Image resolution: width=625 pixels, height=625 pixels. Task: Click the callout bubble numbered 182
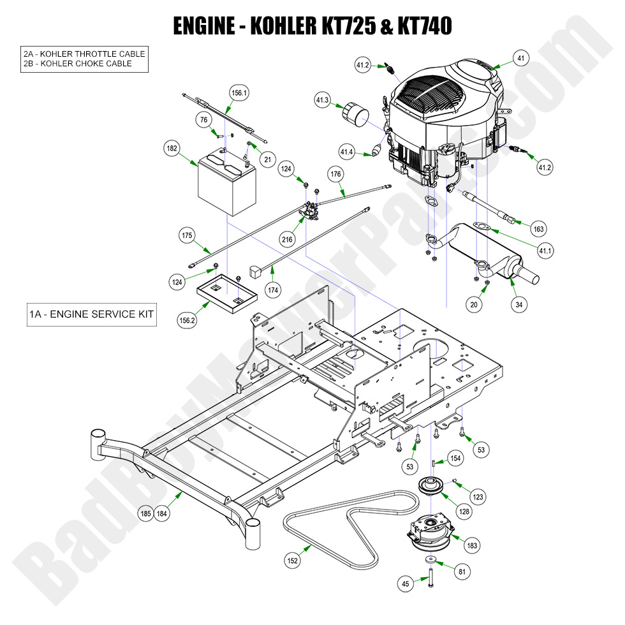click(172, 149)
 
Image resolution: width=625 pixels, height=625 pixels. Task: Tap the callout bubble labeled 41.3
click(322, 100)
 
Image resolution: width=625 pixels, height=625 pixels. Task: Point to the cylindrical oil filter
click(356, 117)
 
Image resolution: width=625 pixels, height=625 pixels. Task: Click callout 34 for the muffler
click(519, 305)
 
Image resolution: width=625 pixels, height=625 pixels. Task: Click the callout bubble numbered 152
click(293, 561)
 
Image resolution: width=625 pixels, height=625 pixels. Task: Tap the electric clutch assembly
click(431, 533)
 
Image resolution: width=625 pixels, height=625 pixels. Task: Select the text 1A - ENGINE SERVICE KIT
click(91, 314)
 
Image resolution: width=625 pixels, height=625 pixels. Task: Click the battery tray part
click(226, 288)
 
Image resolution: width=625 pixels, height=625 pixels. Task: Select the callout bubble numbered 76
click(204, 120)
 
